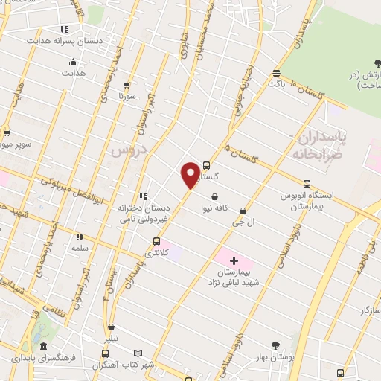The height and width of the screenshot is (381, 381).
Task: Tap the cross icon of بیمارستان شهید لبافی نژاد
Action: click(234, 260)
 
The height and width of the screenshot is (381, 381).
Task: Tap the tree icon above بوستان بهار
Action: click(276, 345)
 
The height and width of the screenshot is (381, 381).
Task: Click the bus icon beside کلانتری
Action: click(156, 241)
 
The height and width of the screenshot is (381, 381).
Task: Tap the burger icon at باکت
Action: click(277, 73)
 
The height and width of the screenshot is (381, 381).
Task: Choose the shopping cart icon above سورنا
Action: click(127, 86)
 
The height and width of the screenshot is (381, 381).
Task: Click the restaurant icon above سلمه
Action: click(80, 237)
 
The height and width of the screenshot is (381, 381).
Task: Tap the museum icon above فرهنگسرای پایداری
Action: click(44, 347)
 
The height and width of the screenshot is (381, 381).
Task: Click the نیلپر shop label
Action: click(110, 337)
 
